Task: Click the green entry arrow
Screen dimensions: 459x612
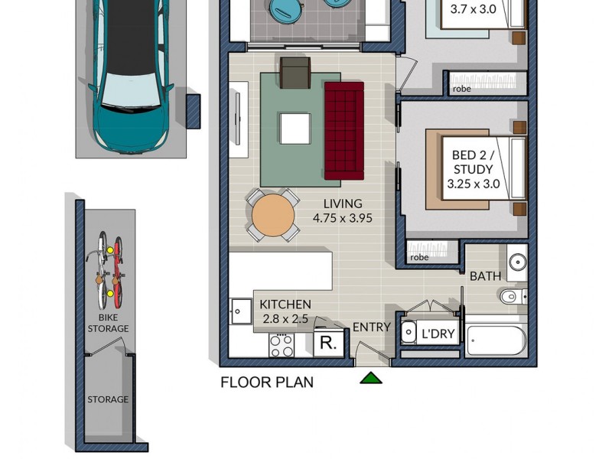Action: pyautogui.click(x=371, y=377)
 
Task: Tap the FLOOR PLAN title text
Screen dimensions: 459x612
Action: pyautogui.click(x=267, y=382)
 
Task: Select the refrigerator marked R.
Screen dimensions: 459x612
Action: pyautogui.click(x=328, y=343)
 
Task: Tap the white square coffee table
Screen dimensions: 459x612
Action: pyautogui.click(x=295, y=128)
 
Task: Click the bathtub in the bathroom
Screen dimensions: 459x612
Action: pyautogui.click(x=496, y=340)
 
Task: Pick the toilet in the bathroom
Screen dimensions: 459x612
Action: pyautogui.click(x=511, y=295)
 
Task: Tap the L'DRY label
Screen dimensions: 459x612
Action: pyautogui.click(x=438, y=334)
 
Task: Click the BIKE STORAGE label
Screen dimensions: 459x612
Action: pyautogui.click(x=113, y=323)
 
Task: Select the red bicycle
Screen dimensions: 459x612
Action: pyautogui.click(x=118, y=268)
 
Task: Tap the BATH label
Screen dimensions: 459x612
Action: pyautogui.click(x=485, y=275)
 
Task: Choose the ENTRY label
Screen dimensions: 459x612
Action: pyautogui.click(x=371, y=327)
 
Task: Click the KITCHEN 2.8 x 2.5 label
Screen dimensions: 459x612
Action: pyautogui.click(x=285, y=311)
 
